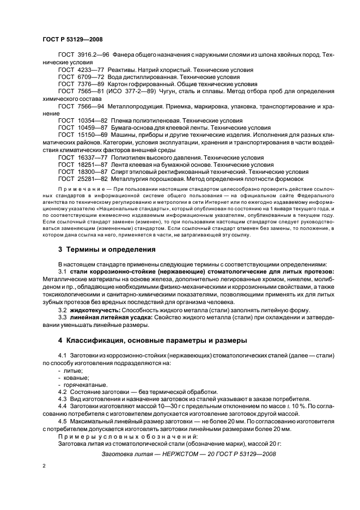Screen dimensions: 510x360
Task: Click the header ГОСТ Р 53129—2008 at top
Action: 72,39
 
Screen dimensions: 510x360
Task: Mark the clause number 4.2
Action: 63,392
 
